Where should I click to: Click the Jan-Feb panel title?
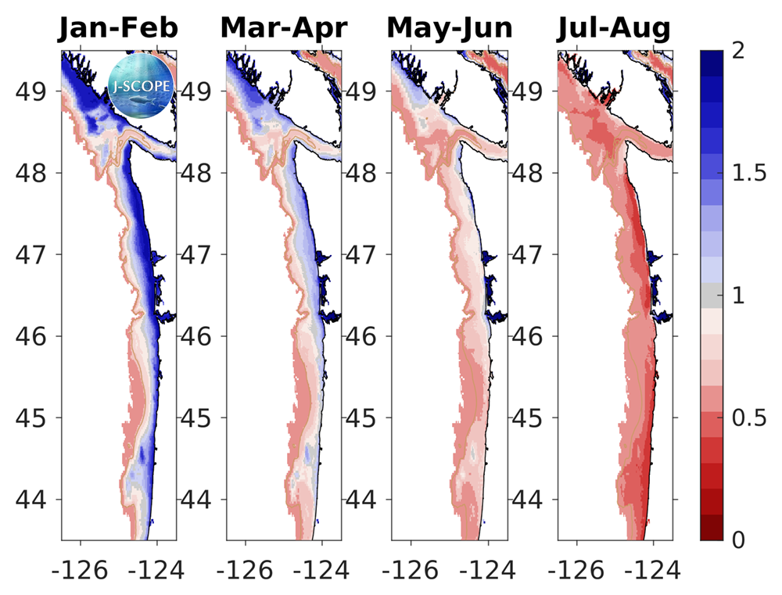(x=117, y=28)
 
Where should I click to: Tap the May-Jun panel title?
(x=449, y=28)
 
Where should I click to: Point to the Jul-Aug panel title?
(x=614, y=28)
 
